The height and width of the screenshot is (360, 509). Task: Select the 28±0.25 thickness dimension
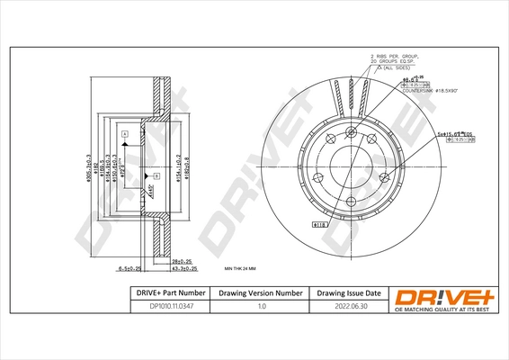[x=183, y=260]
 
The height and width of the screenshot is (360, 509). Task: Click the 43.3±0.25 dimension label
[x=183, y=268]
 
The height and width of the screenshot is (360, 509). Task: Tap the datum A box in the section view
[x=124, y=133]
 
